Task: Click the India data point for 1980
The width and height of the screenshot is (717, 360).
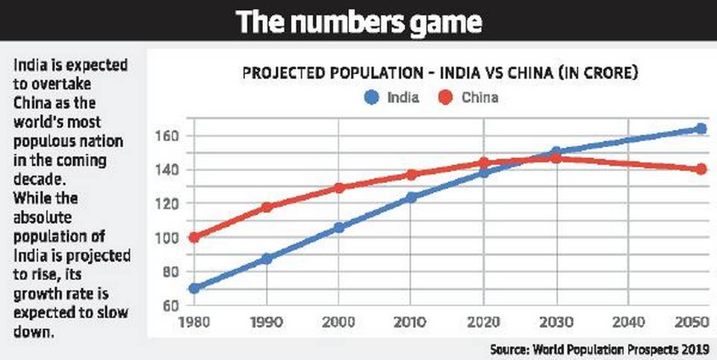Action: [x=194, y=288]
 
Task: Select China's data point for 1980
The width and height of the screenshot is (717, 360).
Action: [x=194, y=238]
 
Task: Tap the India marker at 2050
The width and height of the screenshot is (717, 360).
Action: [x=701, y=128]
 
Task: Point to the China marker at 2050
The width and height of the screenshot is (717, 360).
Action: [x=701, y=170]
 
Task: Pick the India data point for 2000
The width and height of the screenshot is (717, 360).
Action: [x=338, y=227]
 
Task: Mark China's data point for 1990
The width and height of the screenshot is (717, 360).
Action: [x=267, y=207]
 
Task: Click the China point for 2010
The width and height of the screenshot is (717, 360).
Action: [x=411, y=175]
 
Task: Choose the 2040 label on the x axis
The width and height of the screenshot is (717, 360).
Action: [x=628, y=322]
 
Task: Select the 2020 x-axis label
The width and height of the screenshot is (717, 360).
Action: [x=483, y=322]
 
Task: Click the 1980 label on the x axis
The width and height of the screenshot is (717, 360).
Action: [x=194, y=322]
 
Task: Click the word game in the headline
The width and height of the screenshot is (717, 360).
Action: [x=440, y=22]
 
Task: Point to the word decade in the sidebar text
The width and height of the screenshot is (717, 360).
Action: [x=34, y=179]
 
